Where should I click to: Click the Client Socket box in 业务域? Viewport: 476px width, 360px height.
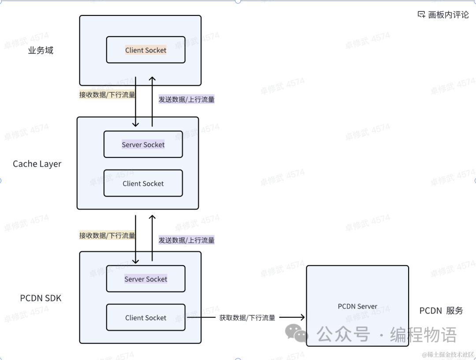pos(145,50)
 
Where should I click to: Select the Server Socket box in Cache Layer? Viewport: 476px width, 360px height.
pos(143,144)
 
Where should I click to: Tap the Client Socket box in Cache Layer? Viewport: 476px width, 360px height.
pos(143,183)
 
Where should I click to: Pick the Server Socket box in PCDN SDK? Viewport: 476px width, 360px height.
pos(145,279)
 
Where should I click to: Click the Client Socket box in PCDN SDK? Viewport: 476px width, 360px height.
pos(145,318)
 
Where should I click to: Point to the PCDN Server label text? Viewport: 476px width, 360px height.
pos(357,306)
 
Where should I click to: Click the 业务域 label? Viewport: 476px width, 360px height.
pos(41,50)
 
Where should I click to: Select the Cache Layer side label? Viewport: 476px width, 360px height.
pos(37,164)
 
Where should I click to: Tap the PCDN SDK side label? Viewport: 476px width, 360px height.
pos(41,298)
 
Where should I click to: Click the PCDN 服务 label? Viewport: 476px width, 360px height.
pos(441,311)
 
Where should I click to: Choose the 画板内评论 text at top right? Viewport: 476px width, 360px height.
pos(448,15)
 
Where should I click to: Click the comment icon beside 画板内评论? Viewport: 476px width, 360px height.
pos(421,15)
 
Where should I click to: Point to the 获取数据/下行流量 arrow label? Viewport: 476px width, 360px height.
pos(247,318)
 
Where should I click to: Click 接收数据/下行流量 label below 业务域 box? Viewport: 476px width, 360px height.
pos(107,94)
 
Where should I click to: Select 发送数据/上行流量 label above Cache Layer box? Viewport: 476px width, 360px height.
pos(186,99)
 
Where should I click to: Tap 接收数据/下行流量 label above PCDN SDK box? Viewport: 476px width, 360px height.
pos(107,235)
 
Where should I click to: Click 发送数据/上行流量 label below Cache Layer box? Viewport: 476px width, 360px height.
pos(186,240)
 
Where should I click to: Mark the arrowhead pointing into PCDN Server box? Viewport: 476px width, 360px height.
pos(302,317)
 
